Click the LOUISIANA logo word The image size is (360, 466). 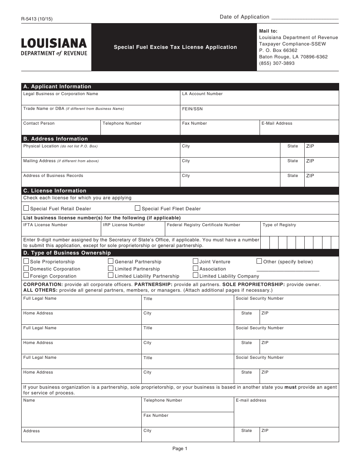pyautogui.click(x=54, y=43)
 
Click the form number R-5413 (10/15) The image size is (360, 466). pyautogui.click(x=37, y=18)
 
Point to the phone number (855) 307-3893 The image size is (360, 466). pyautogui.click(x=277, y=63)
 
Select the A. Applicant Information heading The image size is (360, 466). pyautogui.click(x=57, y=86)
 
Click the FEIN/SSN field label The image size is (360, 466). pyautogui.click(x=192, y=109)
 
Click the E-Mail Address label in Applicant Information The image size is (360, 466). pyautogui.click(x=277, y=123)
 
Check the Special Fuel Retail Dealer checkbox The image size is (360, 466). pyautogui.click(x=26, y=208)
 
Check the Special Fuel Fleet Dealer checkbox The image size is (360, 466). pyautogui.click(x=138, y=208)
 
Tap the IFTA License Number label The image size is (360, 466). pyautogui.click(x=45, y=225)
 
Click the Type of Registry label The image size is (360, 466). pyautogui.click(x=279, y=225)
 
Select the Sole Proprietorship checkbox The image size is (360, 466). pyautogui.click(x=26, y=261)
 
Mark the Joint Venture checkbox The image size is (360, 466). pyautogui.click(x=196, y=261)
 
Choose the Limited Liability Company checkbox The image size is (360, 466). pyautogui.click(x=196, y=275)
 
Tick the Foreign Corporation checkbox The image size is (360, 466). pyautogui.click(x=26, y=275)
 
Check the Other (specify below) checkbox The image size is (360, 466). pyautogui.click(x=259, y=261)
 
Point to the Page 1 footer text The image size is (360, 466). pyautogui.click(x=180, y=449)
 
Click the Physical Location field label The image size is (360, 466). pyautogui.click(x=41, y=146)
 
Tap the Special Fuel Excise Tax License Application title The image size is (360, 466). pyautogui.click(x=175, y=47)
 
